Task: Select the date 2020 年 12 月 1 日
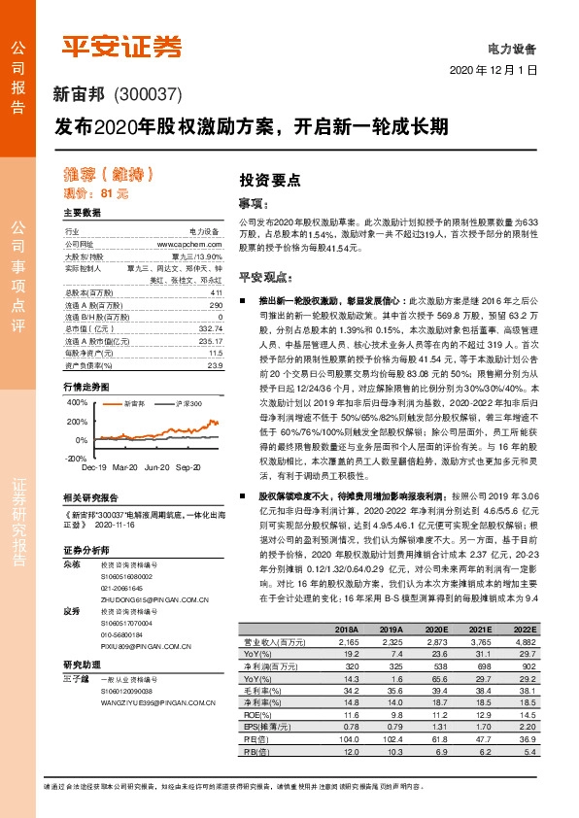(x=494, y=71)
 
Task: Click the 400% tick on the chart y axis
(x=76, y=401)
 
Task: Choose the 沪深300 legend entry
(x=187, y=402)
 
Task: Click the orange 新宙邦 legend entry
(x=133, y=402)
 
